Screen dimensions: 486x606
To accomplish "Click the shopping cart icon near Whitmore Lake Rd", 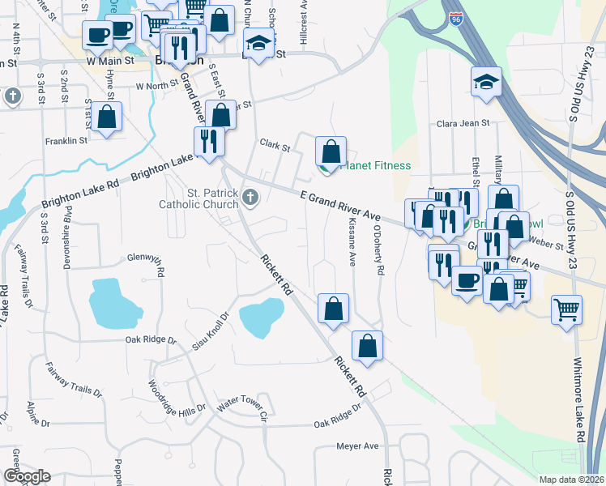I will click(x=566, y=309).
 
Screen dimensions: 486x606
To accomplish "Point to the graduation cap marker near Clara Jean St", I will click(x=487, y=82).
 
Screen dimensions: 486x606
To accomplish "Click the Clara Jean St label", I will click(x=463, y=124).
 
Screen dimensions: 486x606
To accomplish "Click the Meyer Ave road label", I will click(x=357, y=446).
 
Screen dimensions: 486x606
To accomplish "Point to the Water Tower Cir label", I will click(x=241, y=407).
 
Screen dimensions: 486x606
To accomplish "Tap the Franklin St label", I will click(x=66, y=140).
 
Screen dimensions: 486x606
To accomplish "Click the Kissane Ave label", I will click(x=352, y=241).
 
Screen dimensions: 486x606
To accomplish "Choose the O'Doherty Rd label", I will click(x=377, y=250).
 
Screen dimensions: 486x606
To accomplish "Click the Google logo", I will click(x=27, y=475).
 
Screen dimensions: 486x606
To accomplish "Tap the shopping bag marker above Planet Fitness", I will click(x=331, y=151).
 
